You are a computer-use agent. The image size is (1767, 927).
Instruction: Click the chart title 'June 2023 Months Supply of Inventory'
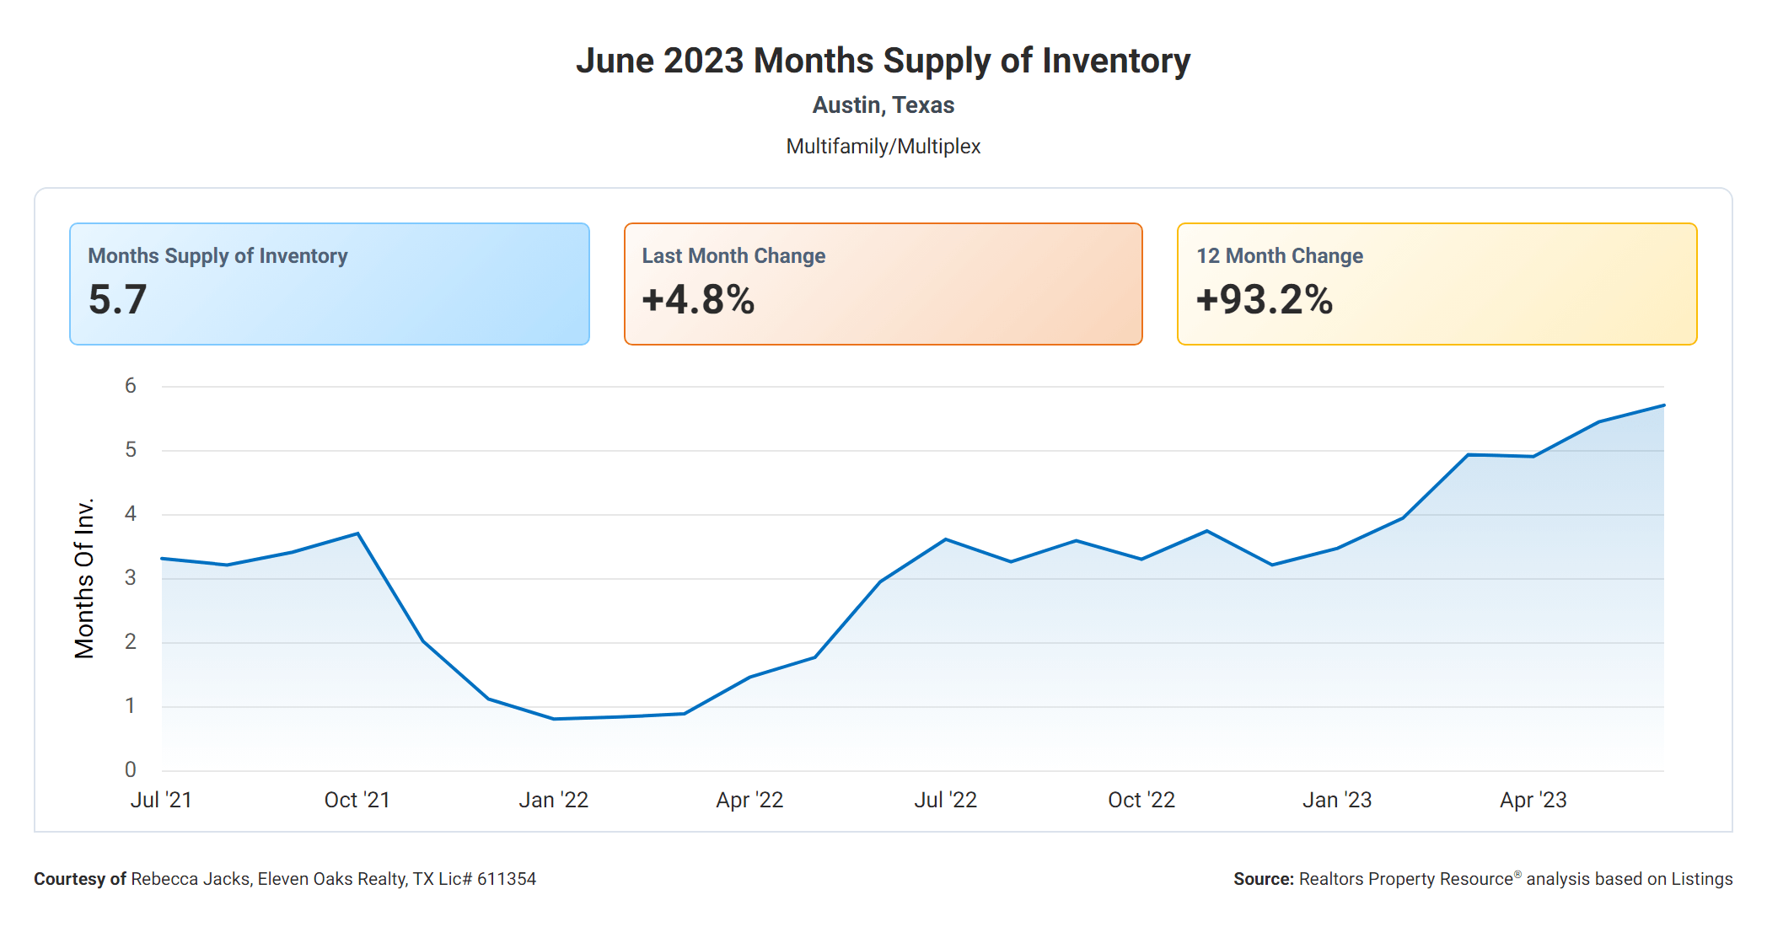(x=883, y=61)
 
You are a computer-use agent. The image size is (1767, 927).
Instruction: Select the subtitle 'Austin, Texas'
(x=883, y=105)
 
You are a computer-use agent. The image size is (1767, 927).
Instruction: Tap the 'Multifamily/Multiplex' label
(x=883, y=147)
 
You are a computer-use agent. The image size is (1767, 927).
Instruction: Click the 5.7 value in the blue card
(x=118, y=300)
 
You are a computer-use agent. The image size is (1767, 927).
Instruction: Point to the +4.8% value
(x=698, y=300)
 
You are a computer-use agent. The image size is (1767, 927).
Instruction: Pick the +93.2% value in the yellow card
(x=1264, y=300)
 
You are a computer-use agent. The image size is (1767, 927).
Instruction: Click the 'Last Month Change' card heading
(x=733, y=256)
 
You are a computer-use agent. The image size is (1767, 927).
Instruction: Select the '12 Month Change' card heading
(x=1279, y=256)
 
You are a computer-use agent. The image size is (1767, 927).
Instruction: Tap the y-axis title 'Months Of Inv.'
(x=84, y=578)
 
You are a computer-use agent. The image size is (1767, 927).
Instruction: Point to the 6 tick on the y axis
(x=131, y=386)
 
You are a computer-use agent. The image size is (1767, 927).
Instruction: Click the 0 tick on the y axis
(x=131, y=769)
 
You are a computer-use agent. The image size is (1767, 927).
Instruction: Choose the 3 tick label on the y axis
(x=131, y=578)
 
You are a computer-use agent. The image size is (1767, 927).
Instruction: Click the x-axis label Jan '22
(x=553, y=800)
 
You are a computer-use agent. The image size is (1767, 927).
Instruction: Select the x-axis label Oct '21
(x=357, y=800)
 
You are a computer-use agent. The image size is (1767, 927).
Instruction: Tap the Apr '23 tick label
(x=1533, y=800)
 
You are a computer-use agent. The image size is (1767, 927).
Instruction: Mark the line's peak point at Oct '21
(x=357, y=533)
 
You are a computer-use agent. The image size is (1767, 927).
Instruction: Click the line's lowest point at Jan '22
(x=554, y=719)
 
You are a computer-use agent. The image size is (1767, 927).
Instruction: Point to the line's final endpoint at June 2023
(x=1663, y=405)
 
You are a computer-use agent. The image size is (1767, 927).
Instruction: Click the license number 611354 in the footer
(x=507, y=879)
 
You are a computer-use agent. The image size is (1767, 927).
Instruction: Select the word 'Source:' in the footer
(x=1263, y=879)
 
